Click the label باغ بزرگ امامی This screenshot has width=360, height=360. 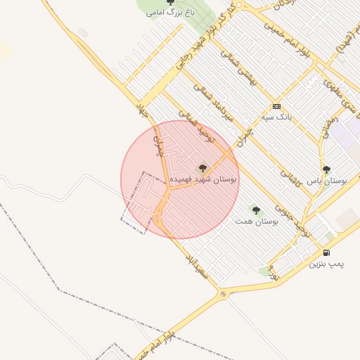165,13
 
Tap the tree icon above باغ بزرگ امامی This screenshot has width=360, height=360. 170,3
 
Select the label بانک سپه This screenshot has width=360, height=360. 276,117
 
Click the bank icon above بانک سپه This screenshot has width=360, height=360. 276,107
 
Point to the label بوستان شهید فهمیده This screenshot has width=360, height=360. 209,179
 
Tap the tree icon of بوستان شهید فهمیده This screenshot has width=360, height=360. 203,168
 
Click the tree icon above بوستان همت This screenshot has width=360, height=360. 255,210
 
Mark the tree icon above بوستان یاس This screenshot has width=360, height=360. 326,169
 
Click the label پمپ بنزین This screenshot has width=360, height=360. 327,264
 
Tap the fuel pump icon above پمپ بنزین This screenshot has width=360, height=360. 326,253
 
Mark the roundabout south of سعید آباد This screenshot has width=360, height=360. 223,294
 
